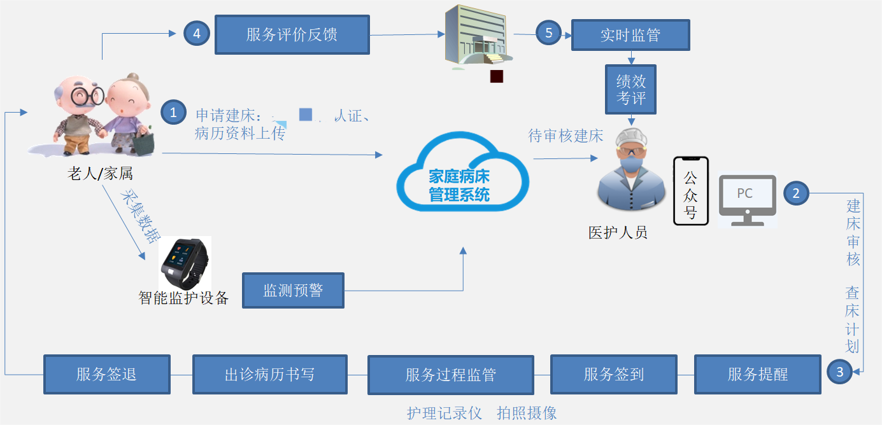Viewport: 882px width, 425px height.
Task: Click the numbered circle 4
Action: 197,34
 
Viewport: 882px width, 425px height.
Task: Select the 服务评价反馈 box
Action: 292,34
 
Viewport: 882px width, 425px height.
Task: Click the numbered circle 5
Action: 549,32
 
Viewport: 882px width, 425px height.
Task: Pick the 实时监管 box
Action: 630,35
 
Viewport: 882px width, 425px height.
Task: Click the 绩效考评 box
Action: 630,90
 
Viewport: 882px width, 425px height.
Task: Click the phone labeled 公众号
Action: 691,191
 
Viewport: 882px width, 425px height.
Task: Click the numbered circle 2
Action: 796,193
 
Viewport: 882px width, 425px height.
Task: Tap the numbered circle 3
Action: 840,372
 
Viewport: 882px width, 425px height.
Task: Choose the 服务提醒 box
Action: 757,375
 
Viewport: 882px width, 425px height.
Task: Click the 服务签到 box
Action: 613,375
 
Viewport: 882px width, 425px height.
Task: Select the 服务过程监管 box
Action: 450,375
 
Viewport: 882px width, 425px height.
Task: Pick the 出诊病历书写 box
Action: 269,375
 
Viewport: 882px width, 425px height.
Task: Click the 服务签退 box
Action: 106,375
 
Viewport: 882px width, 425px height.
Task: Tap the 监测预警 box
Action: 293,291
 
